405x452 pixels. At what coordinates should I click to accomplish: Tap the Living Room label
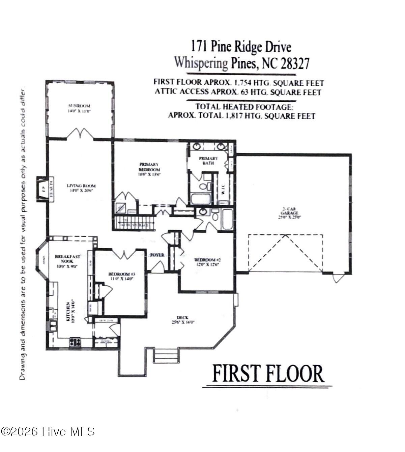(81, 188)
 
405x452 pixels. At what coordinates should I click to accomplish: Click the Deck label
(182, 319)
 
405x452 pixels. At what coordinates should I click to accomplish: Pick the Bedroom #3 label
(121, 276)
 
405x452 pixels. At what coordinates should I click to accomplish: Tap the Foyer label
(157, 255)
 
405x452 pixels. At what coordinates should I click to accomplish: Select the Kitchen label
(70, 312)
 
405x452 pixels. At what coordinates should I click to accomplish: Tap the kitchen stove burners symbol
(76, 343)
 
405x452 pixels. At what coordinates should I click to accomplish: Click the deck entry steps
(166, 356)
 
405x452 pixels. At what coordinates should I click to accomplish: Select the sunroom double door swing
(80, 134)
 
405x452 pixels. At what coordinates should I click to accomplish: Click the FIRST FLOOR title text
(268, 374)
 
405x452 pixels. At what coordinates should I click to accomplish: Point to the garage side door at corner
(339, 278)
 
